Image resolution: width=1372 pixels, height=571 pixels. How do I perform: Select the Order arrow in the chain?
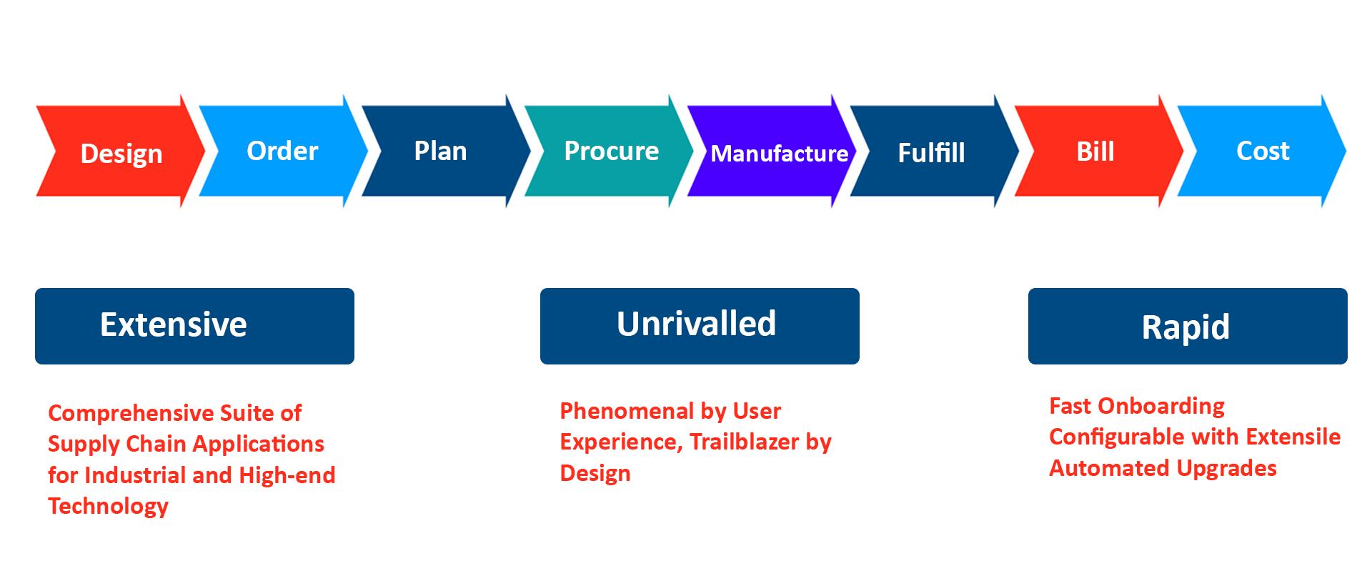[x=282, y=151]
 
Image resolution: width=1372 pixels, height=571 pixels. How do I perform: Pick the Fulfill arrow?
[x=931, y=152]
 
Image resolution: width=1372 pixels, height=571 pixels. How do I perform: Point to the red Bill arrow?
[x=1095, y=152]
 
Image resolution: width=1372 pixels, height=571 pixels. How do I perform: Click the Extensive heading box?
[x=194, y=326]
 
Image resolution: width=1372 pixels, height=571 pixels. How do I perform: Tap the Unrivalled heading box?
[x=700, y=326]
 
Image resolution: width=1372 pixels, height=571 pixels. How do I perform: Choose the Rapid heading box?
[x=1188, y=326]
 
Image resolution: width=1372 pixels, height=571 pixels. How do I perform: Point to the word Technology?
[x=108, y=506]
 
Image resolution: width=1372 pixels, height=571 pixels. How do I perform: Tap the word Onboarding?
[x=1161, y=406]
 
